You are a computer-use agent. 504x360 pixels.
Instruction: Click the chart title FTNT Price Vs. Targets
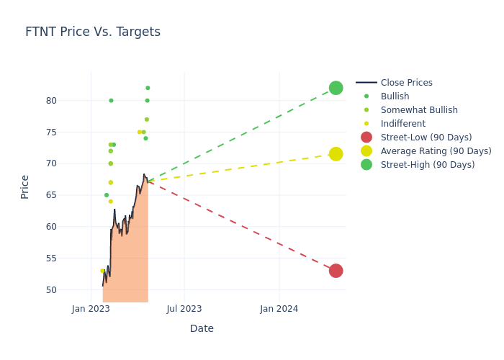click(93, 32)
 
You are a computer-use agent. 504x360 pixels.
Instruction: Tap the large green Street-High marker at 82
click(336, 88)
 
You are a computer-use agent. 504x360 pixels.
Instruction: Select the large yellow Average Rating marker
click(336, 154)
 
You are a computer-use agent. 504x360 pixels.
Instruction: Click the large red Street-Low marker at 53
click(336, 271)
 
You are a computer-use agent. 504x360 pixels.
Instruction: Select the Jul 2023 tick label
click(184, 309)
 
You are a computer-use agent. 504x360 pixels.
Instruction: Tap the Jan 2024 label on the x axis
click(279, 309)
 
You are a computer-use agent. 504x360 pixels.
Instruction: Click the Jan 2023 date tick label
click(91, 309)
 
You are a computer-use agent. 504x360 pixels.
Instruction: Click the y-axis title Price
click(25, 186)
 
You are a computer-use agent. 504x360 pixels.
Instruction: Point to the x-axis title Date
click(202, 329)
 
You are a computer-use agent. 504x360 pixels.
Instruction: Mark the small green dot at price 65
click(107, 195)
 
